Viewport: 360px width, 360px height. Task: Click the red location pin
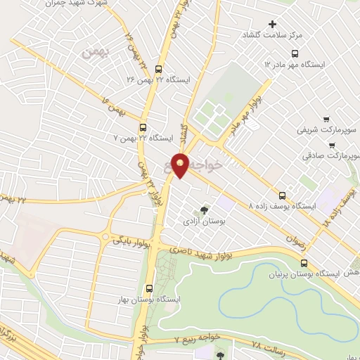pyautogui.click(x=181, y=165)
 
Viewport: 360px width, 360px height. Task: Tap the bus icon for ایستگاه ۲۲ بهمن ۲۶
pyautogui.click(x=158, y=69)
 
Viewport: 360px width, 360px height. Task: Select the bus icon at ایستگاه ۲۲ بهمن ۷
pyautogui.click(x=143, y=127)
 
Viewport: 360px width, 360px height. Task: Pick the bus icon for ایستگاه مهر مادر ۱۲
pyautogui.click(x=294, y=53)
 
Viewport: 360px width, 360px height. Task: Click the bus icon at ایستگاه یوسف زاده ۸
pyautogui.click(x=283, y=195)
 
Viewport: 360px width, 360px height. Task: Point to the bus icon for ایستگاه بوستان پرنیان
pyautogui.click(x=304, y=263)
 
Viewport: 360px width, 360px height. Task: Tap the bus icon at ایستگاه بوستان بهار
pyautogui.click(x=148, y=288)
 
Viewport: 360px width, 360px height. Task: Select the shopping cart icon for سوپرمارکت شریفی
pyautogui.click(x=325, y=120)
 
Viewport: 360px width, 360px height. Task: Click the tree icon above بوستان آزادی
pyautogui.click(x=205, y=210)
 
